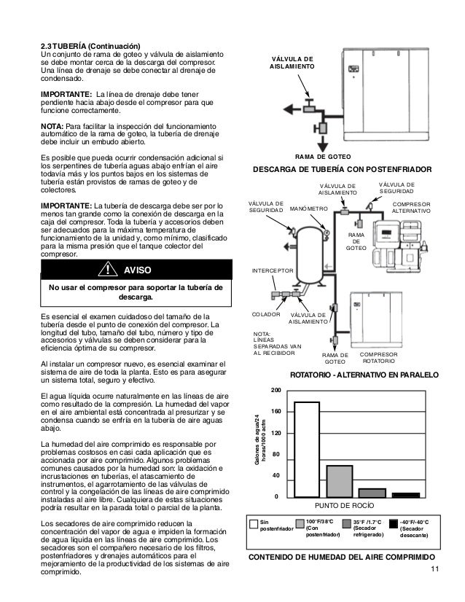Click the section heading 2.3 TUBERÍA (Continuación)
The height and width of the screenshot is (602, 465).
(x=89, y=47)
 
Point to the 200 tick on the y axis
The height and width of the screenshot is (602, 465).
(x=276, y=391)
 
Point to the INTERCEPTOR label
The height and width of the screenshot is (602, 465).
(x=273, y=270)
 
